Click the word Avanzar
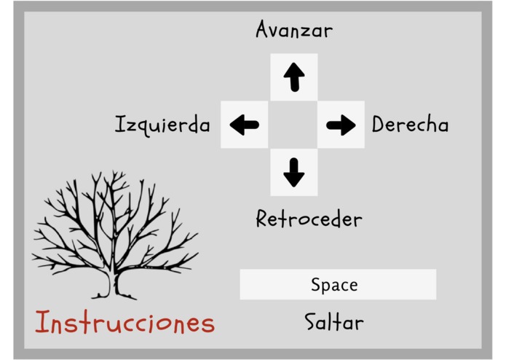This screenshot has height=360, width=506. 294,30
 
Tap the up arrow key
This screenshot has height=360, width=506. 294,77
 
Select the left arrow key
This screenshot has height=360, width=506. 245,125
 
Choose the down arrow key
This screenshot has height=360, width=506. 294,172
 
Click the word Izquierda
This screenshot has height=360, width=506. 162,125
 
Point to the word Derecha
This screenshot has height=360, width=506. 410,125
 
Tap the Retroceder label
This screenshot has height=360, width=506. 309,219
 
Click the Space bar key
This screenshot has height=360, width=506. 338,284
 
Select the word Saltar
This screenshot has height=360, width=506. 334,321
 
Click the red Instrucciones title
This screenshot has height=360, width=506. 125,322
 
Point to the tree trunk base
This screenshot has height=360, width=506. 113,292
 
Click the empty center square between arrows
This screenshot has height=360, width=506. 293,125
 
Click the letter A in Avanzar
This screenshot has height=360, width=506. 263,29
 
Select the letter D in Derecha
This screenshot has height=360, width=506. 379,125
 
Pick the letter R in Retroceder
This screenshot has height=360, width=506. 263,219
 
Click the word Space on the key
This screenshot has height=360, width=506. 334,285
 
